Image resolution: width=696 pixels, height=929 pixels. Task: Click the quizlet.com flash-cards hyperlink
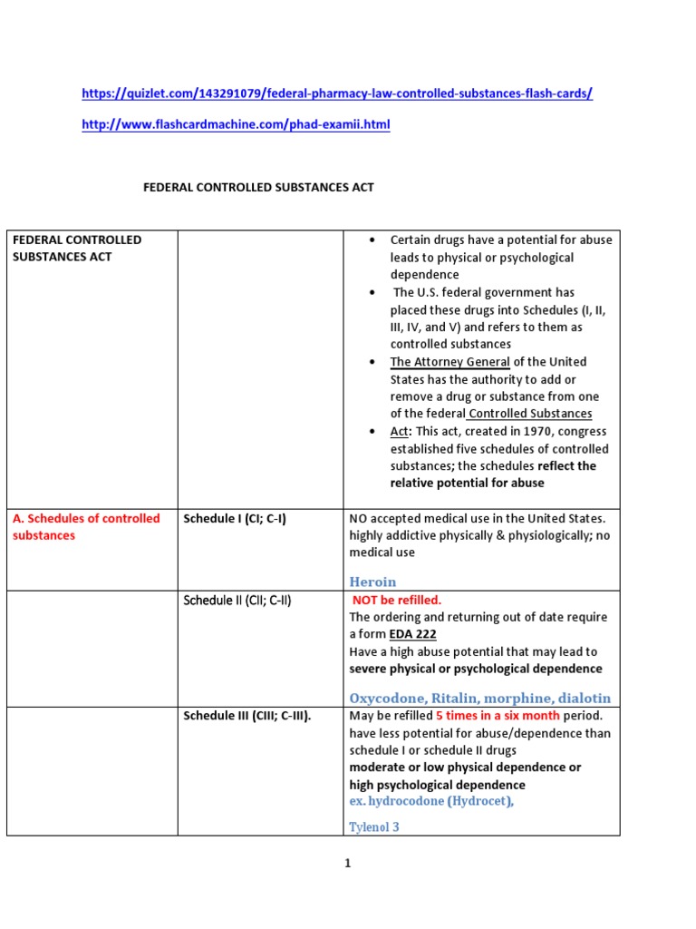tap(337, 93)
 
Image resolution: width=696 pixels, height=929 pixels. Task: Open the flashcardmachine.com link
tap(236, 125)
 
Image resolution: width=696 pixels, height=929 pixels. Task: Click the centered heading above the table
tap(259, 188)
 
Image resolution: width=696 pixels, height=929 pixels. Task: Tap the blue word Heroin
tap(372, 582)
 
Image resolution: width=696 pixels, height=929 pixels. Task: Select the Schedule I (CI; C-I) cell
tap(235, 519)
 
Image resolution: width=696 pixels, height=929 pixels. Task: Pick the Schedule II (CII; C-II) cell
tap(237, 601)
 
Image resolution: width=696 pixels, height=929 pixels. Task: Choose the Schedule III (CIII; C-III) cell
tap(246, 716)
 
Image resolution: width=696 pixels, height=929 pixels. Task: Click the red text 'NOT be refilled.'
tap(396, 600)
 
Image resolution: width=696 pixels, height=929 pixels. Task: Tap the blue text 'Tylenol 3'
tap(374, 826)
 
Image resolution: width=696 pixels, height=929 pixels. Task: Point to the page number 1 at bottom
tap(347, 864)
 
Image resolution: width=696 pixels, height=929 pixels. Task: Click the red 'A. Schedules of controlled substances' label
tap(86, 527)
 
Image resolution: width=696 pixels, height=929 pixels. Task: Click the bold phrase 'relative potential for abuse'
tap(467, 483)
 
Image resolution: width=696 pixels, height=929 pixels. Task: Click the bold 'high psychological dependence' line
tap(437, 784)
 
